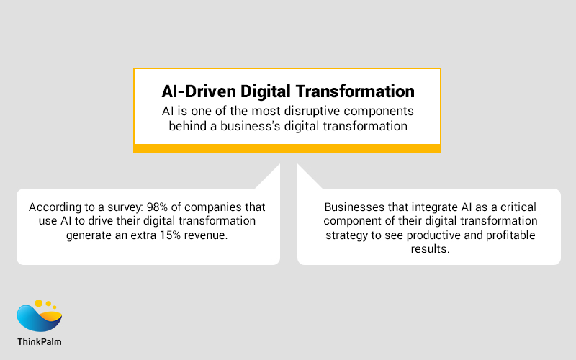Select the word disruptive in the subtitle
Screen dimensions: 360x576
click(310, 112)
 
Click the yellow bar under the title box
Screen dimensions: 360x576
click(287, 148)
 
